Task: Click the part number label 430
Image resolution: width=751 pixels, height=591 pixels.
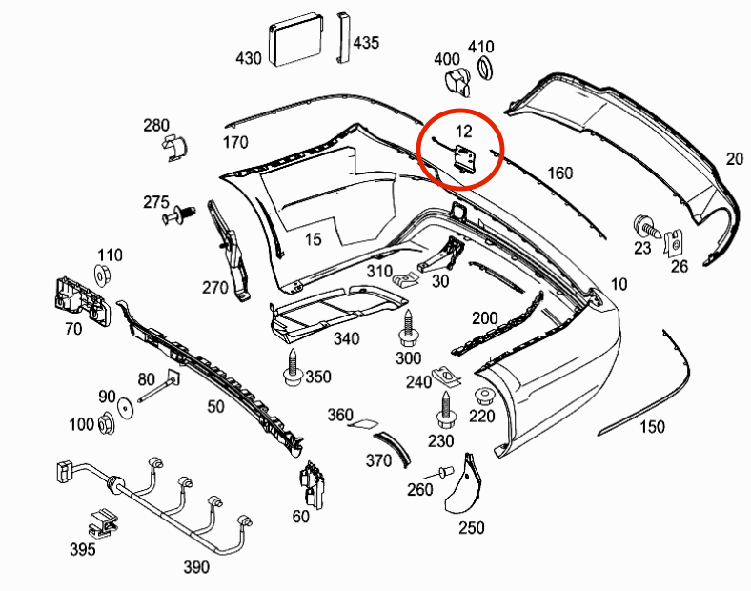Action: (x=248, y=59)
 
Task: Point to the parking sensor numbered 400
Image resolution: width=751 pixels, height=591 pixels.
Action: (x=459, y=82)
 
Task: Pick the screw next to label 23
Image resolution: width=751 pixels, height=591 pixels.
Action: (x=645, y=227)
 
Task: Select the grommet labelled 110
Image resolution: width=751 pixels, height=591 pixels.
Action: (x=103, y=277)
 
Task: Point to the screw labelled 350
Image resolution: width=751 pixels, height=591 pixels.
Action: (x=292, y=369)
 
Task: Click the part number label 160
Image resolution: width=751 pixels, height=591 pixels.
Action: (x=560, y=173)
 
